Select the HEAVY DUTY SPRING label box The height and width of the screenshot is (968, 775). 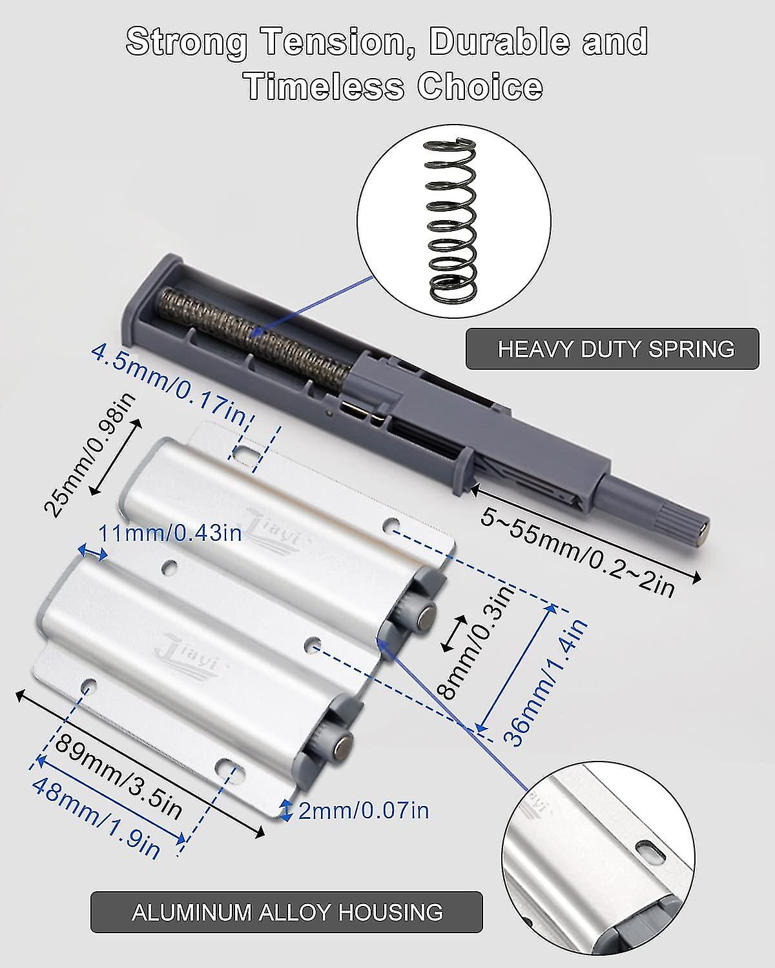coord(612,348)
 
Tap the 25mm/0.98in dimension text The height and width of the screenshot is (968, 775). coord(90,455)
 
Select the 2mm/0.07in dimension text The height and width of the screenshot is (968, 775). coord(364,811)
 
